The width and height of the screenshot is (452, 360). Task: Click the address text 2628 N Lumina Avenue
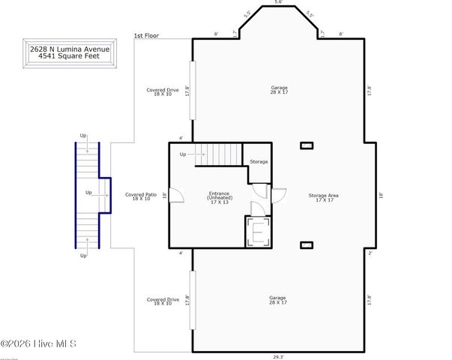pyautogui.click(x=69, y=49)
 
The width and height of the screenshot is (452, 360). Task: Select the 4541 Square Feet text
pyautogui.click(x=69, y=57)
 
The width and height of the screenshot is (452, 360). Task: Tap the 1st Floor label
pyautogui.click(x=148, y=35)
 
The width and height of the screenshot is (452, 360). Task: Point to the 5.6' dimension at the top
pyautogui.click(x=279, y=3)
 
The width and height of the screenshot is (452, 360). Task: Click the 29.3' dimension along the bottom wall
pyautogui.click(x=278, y=357)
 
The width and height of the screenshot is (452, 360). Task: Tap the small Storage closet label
pyautogui.click(x=259, y=161)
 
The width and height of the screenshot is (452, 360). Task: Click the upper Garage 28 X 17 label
pyautogui.click(x=279, y=90)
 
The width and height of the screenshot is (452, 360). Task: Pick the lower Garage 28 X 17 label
pyautogui.click(x=278, y=300)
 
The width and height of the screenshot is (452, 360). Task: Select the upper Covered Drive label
pyautogui.click(x=163, y=92)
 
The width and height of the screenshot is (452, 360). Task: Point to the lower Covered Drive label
pyautogui.click(x=163, y=301)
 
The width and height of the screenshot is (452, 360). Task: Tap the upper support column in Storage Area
pyautogui.click(x=306, y=145)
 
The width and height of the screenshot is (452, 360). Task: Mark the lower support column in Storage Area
pyautogui.click(x=306, y=244)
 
